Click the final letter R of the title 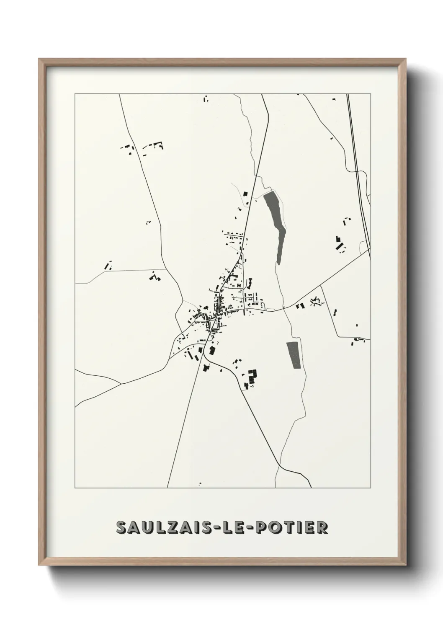tap(322, 528)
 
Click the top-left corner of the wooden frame tap(39, 59)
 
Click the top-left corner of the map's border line tap(75, 94)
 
